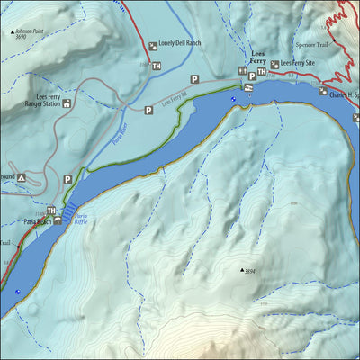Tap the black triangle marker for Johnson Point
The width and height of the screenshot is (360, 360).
click(x=13, y=31)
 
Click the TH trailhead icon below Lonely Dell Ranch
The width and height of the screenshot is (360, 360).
click(x=157, y=67)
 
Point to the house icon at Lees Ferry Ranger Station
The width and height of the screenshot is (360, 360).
click(x=67, y=103)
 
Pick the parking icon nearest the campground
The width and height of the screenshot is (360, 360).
click(x=67, y=179)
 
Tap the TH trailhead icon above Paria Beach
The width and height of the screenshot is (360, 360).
click(x=51, y=211)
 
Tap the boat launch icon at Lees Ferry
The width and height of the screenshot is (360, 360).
click(x=247, y=87)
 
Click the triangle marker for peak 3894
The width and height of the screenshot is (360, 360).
click(x=241, y=268)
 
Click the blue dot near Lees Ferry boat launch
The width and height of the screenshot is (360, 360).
click(x=234, y=99)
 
